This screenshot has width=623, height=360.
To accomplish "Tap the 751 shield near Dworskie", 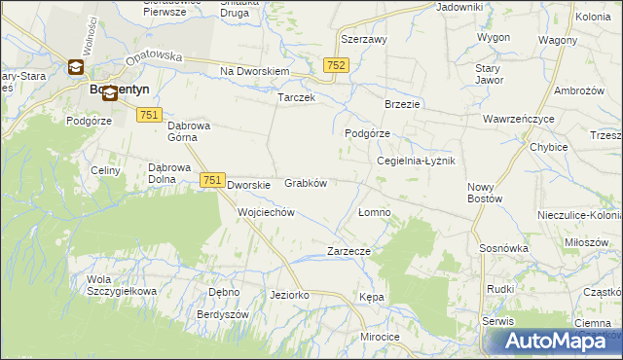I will (213, 180).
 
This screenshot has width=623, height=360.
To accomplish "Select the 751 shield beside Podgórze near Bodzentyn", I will (149, 115).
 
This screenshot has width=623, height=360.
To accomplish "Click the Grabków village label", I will (305, 183).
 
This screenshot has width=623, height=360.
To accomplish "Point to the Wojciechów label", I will (266, 212).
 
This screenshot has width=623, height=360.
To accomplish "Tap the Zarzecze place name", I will (349, 251).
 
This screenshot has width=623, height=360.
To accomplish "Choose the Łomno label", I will (374, 212).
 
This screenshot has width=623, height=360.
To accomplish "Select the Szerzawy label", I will (364, 40).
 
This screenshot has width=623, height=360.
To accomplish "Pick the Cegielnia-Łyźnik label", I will (416, 161).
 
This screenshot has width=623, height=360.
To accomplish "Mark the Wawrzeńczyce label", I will (518, 120).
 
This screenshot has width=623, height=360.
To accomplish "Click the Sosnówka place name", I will (503, 248).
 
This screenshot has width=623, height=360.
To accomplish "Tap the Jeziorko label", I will (289, 295).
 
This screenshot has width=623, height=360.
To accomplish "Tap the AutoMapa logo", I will (553, 341).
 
